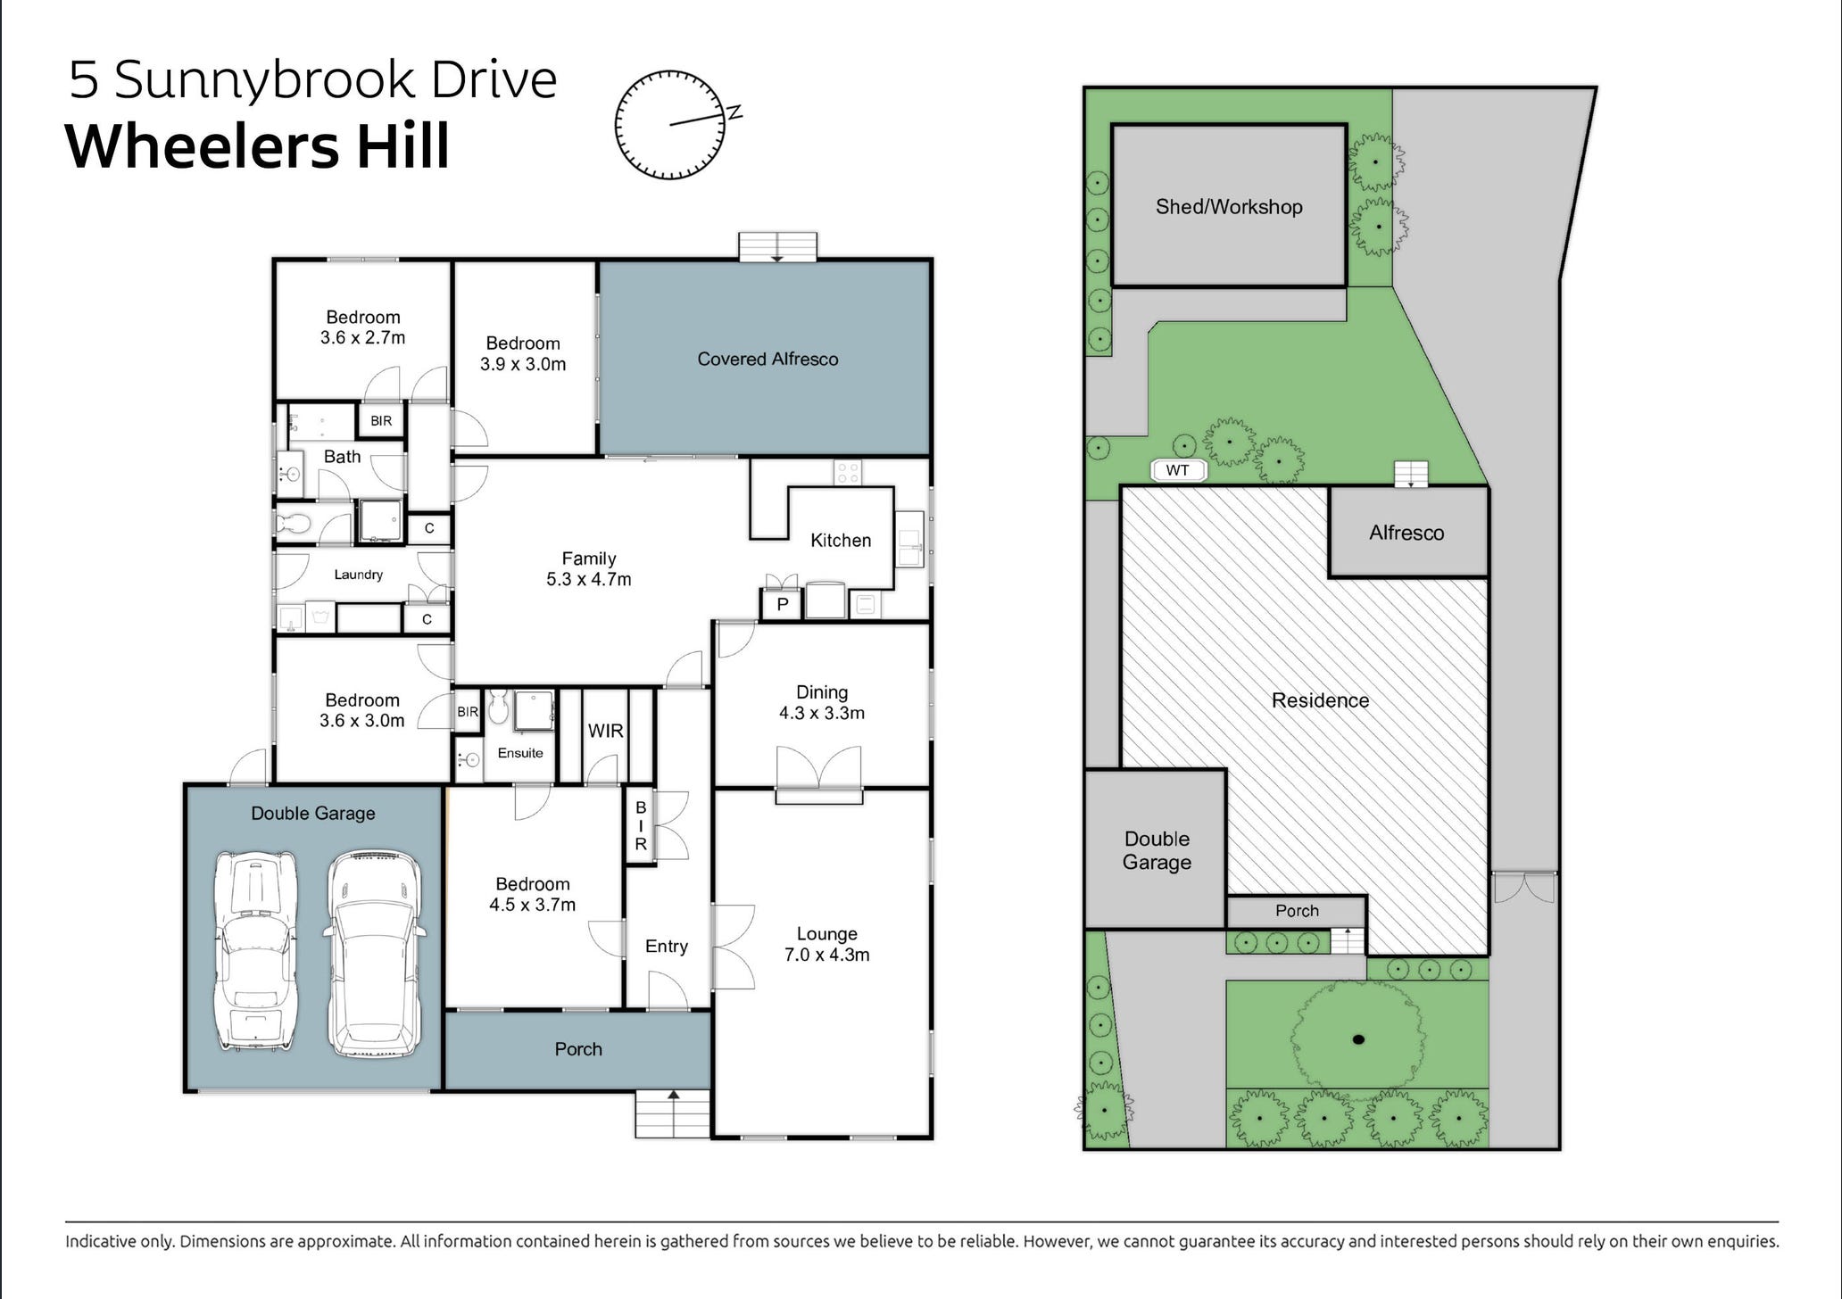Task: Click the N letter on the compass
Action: (734, 112)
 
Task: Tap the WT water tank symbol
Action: (1177, 470)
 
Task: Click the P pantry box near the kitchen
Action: (782, 605)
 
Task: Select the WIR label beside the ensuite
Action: (605, 731)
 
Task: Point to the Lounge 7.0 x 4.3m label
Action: (826, 944)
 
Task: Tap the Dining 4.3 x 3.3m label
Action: (821, 702)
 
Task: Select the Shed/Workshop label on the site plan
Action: (1228, 206)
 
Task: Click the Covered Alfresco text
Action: (767, 359)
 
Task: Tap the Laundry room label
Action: (358, 575)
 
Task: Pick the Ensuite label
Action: (520, 753)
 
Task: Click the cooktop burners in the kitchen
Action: (847, 472)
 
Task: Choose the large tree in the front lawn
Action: (1357, 1038)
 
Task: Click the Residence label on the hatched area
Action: (1319, 700)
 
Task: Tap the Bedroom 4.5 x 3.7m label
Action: (532, 894)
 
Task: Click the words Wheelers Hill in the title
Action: (257, 147)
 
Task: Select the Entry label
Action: (666, 946)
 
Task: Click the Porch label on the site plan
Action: (1296, 911)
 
